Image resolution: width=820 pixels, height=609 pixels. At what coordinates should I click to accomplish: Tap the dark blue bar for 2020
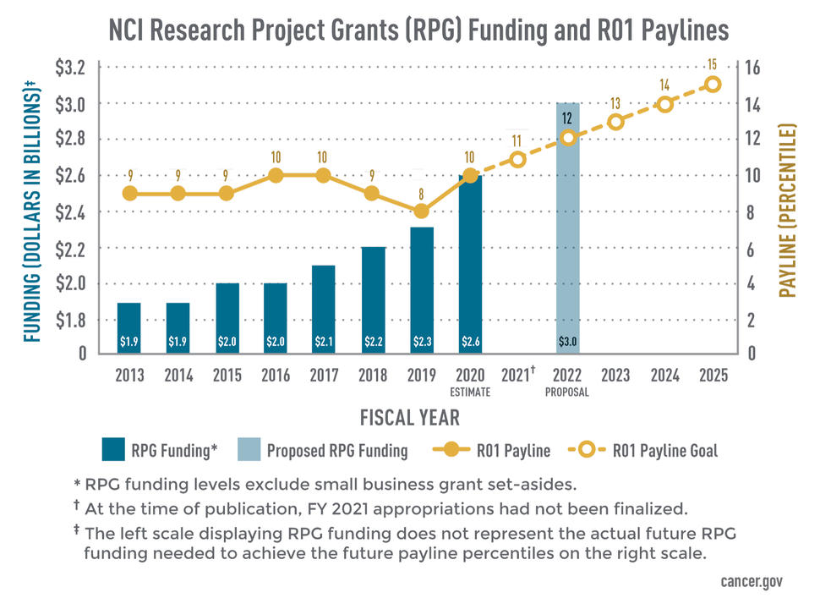click(x=470, y=262)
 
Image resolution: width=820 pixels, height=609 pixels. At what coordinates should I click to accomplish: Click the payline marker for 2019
click(x=422, y=211)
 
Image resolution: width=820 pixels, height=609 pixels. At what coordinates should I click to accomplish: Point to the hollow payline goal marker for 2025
click(x=713, y=85)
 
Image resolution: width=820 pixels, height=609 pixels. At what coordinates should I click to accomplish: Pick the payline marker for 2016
click(x=276, y=175)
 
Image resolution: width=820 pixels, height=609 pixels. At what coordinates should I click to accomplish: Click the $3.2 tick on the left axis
click(x=74, y=67)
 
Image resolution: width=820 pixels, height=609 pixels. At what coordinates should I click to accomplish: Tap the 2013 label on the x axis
click(x=129, y=376)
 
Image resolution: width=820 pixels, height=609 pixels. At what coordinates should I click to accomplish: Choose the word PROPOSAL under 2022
click(x=567, y=392)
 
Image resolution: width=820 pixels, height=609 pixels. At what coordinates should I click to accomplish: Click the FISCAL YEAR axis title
click(x=410, y=417)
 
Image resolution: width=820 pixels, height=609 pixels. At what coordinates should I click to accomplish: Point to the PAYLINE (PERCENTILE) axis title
click(x=788, y=211)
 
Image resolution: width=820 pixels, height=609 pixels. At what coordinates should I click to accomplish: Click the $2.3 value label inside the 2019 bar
click(x=422, y=342)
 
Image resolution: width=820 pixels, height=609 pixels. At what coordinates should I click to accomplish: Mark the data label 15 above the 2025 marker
click(x=713, y=64)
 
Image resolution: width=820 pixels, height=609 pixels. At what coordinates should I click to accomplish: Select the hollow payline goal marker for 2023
click(x=615, y=122)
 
